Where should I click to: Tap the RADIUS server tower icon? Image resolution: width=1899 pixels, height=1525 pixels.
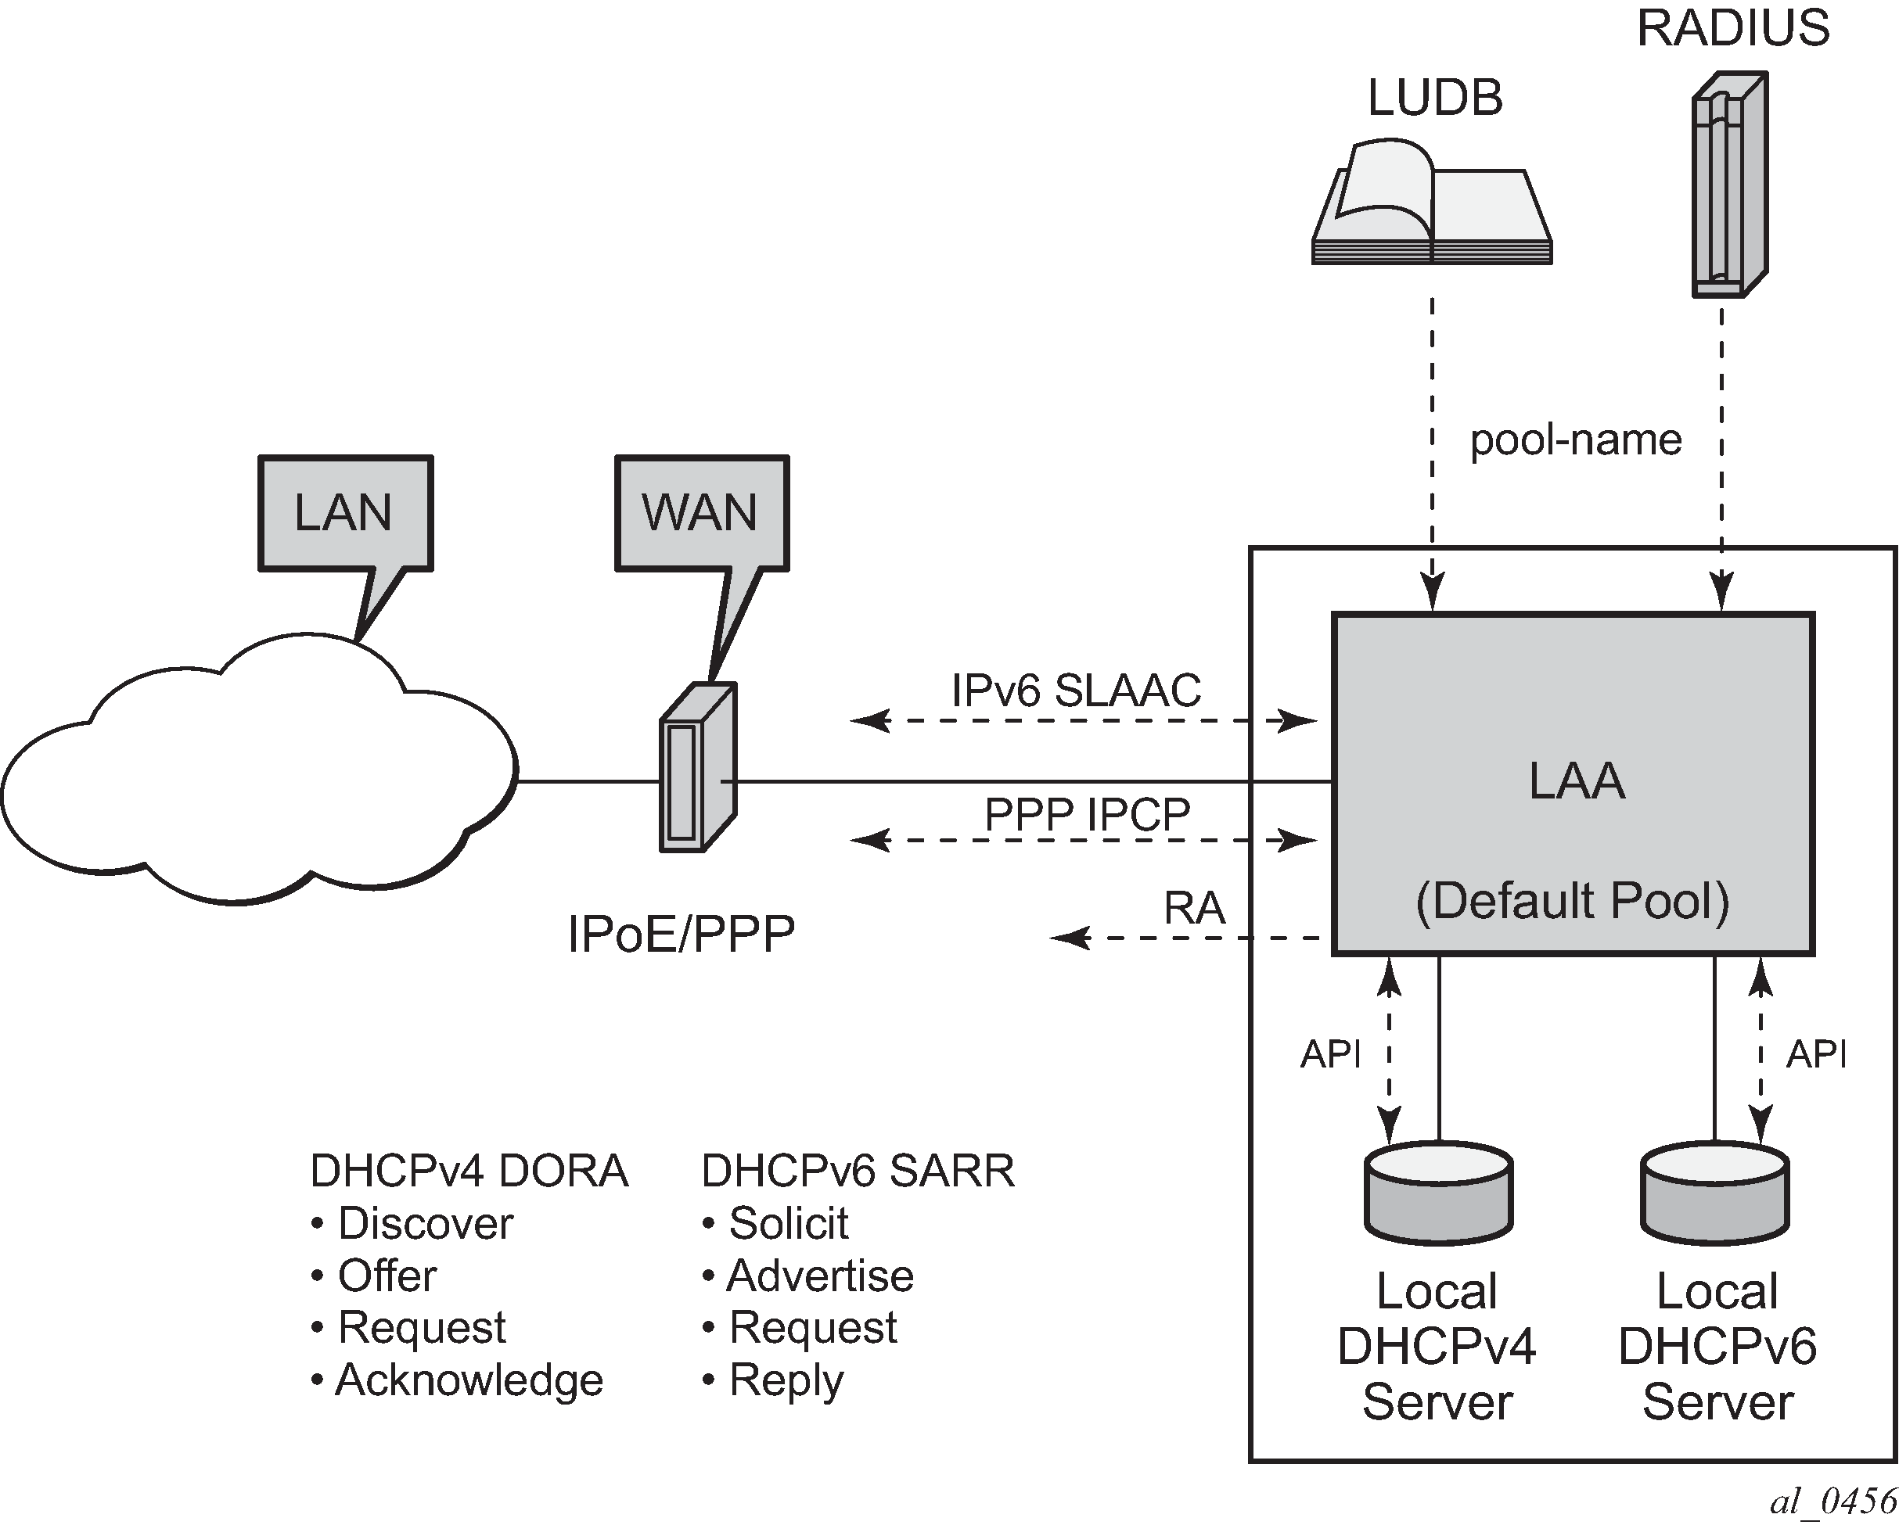coord(1729,185)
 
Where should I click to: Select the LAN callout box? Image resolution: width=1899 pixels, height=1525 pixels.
coord(345,513)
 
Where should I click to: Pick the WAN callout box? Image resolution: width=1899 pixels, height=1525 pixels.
coord(701,513)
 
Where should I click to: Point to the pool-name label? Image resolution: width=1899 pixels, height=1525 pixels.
coord(1576,440)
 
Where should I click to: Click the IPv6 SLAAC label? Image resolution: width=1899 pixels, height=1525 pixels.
coord(1075,691)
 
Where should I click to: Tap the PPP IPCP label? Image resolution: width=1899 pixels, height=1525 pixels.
coord(1087,814)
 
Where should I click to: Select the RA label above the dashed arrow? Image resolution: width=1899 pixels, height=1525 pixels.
coord(1193,908)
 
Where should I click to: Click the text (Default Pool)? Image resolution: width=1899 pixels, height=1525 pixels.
coord(1572,901)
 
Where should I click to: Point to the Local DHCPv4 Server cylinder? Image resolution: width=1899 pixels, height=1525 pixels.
coord(1438,1193)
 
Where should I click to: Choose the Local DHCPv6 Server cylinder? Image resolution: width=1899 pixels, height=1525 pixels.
coord(1715,1193)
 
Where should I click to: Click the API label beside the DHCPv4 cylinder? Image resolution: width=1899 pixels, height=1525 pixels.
coord(1330,1054)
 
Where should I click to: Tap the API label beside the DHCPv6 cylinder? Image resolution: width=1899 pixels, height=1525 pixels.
coord(1816,1054)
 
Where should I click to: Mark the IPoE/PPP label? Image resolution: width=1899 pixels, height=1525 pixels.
coord(681,935)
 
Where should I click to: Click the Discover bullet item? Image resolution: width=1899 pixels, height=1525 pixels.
coord(425,1224)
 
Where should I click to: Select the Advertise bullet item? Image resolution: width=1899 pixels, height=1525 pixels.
coord(819,1276)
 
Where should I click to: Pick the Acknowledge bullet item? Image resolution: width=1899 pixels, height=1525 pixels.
coord(469,1380)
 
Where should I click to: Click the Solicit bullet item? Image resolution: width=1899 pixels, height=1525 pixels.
coord(787,1224)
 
